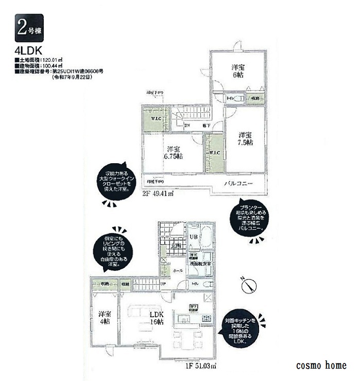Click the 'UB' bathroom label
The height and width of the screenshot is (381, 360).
point(195,236)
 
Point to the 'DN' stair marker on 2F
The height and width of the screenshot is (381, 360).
point(187,124)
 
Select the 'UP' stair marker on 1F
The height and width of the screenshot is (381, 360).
point(163,284)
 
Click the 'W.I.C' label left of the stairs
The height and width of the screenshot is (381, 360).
point(155,120)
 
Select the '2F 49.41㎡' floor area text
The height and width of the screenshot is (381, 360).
point(158,195)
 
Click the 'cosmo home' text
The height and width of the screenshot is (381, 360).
point(321,366)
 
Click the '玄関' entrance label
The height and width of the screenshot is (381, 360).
point(176,246)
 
